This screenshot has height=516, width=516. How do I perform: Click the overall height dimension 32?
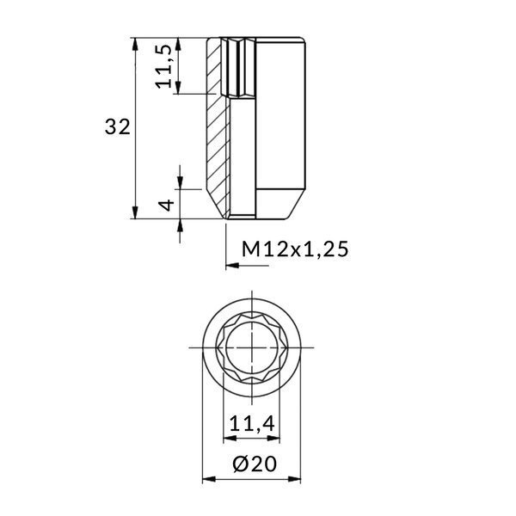(x=117, y=127)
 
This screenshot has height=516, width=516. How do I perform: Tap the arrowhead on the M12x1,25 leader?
(x=230, y=267)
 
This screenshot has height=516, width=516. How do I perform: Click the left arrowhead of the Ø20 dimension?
(x=206, y=481)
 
